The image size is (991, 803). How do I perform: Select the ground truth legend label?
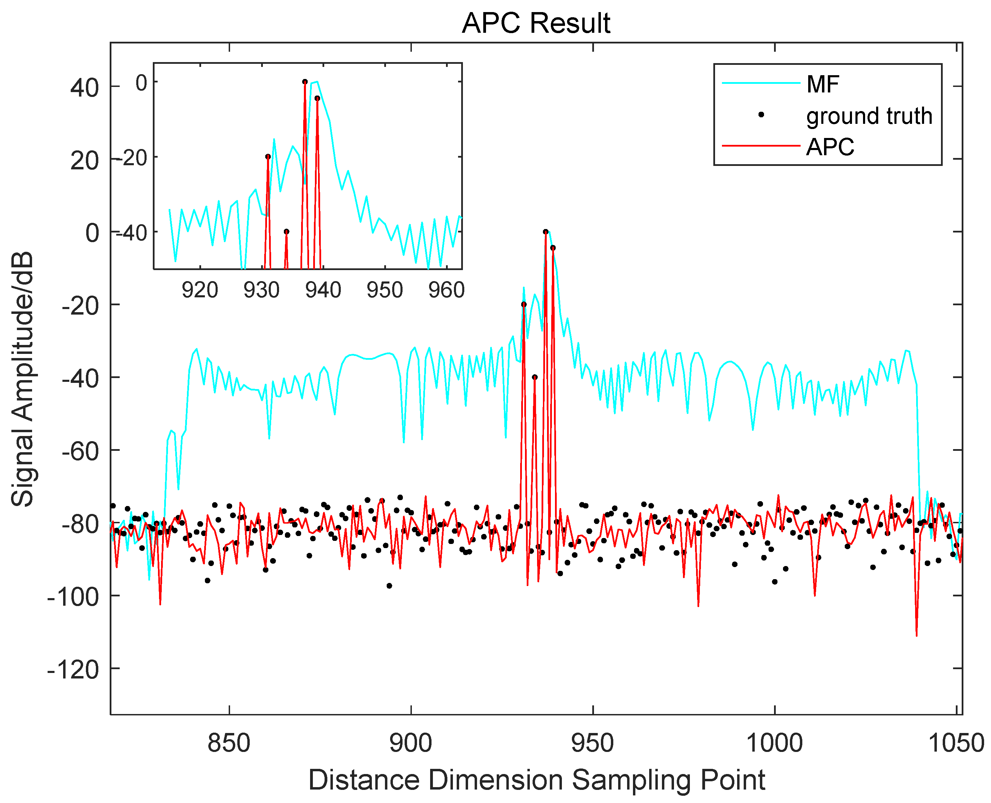[x=869, y=116]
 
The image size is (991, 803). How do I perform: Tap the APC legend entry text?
[x=830, y=147]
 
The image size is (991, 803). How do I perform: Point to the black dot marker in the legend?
[x=761, y=115]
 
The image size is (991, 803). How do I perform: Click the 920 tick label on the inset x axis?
[x=200, y=290]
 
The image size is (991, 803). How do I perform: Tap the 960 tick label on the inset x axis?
[x=446, y=290]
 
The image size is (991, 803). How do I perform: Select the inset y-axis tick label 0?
[x=141, y=83]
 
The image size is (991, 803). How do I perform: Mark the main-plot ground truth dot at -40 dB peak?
[x=535, y=377]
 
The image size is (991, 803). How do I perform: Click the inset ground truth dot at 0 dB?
[x=305, y=82]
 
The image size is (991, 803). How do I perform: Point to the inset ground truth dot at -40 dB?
[x=286, y=232]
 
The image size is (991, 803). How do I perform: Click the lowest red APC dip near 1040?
[x=916, y=635]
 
